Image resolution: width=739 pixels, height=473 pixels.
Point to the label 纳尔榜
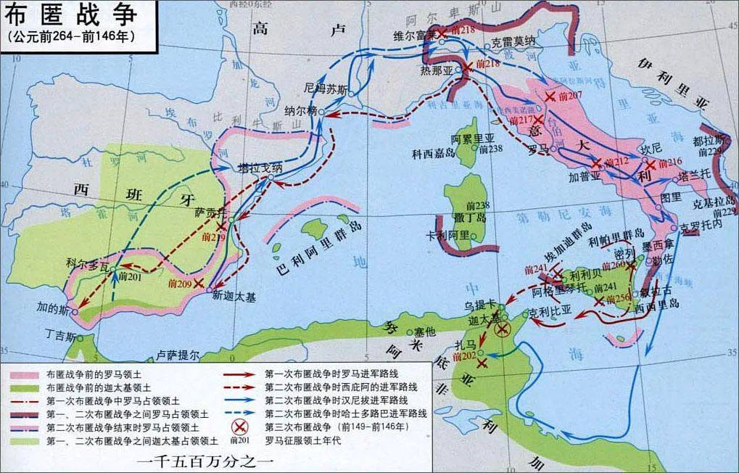[x=301, y=110]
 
